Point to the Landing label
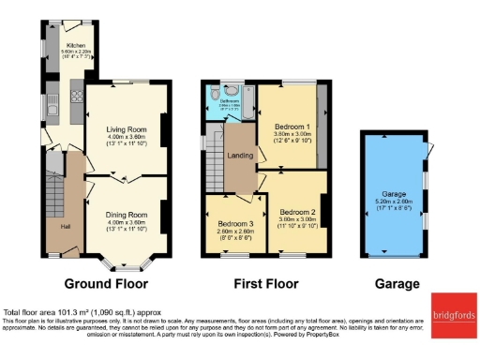(x=239, y=156)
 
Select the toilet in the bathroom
(x=217, y=94)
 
